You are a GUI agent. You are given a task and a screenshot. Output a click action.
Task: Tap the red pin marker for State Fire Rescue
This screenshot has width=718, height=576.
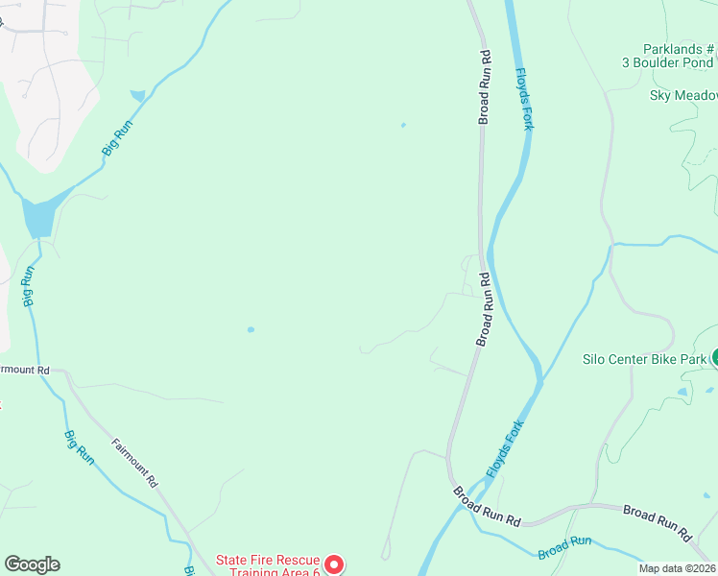(332, 564)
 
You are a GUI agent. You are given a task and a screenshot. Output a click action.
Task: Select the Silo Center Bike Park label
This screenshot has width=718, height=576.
(645, 360)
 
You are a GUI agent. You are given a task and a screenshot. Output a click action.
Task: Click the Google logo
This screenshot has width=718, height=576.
(32, 564)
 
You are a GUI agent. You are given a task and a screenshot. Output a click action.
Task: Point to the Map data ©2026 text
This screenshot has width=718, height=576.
(678, 568)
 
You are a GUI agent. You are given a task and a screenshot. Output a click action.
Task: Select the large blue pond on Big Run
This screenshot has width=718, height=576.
(39, 218)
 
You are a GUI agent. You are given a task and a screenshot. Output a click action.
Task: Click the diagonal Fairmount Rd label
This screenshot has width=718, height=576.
(134, 464)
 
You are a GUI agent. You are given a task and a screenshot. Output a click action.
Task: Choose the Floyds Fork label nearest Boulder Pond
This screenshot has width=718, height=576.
(524, 98)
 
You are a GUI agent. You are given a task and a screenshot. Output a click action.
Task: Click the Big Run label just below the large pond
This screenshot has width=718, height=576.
(29, 285)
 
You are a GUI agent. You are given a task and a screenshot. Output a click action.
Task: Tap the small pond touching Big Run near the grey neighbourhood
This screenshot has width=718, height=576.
(139, 96)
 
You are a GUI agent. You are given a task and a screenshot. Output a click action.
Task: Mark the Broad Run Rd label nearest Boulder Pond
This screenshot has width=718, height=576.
(485, 86)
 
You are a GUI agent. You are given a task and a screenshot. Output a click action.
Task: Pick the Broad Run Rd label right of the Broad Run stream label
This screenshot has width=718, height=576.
(657, 519)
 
